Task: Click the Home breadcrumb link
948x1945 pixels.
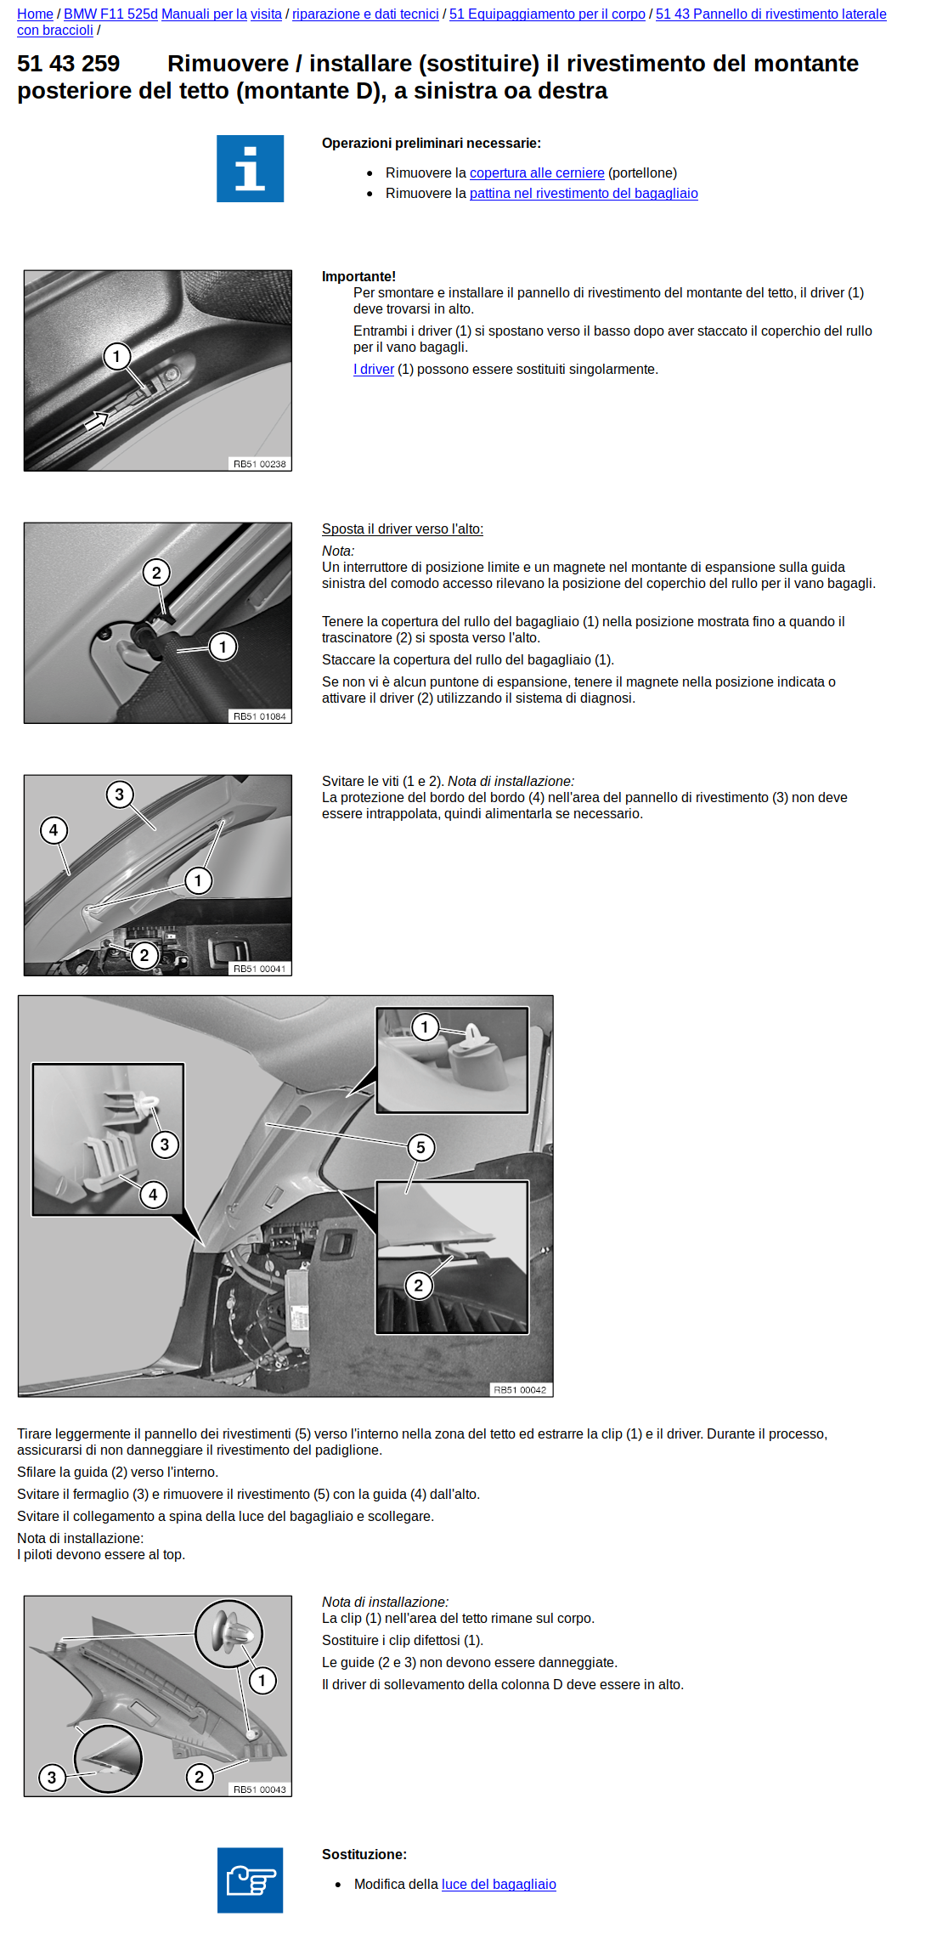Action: pyautogui.click(x=35, y=14)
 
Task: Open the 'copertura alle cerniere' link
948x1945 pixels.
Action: pyautogui.click(x=537, y=173)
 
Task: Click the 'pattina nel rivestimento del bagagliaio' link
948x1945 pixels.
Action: pyautogui.click(x=584, y=194)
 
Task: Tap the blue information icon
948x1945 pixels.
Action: pyautogui.click(x=250, y=168)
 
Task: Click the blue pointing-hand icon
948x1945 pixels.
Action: pyautogui.click(x=250, y=1880)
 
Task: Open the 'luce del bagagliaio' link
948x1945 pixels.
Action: pyautogui.click(x=499, y=1884)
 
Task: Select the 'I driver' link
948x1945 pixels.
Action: pyautogui.click(x=374, y=370)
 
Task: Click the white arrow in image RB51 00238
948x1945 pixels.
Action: pyautogui.click(x=97, y=419)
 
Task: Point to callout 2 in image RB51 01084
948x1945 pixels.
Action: pyautogui.click(x=156, y=573)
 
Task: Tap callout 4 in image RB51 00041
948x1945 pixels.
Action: pyautogui.click(x=54, y=830)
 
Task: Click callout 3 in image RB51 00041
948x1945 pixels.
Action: pyautogui.click(x=120, y=794)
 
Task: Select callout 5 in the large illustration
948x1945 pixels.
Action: pyautogui.click(x=420, y=1147)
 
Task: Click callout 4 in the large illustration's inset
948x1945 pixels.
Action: pyautogui.click(x=153, y=1195)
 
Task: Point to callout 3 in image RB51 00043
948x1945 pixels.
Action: pyautogui.click(x=52, y=1777)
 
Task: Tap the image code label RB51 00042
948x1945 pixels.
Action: pyautogui.click(x=520, y=1390)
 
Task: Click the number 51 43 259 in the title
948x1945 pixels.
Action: pyautogui.click(x=69, y=65)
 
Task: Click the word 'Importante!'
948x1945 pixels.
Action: pyautogui.click(x=358, y=277)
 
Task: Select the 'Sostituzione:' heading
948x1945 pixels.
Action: pyautogui.click(x=364, y=1854)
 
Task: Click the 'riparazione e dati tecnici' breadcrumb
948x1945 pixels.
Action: pyautogui.click(x=365, y=14)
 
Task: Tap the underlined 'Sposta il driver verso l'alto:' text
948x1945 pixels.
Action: pyautogui.click(x=402, y=529)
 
